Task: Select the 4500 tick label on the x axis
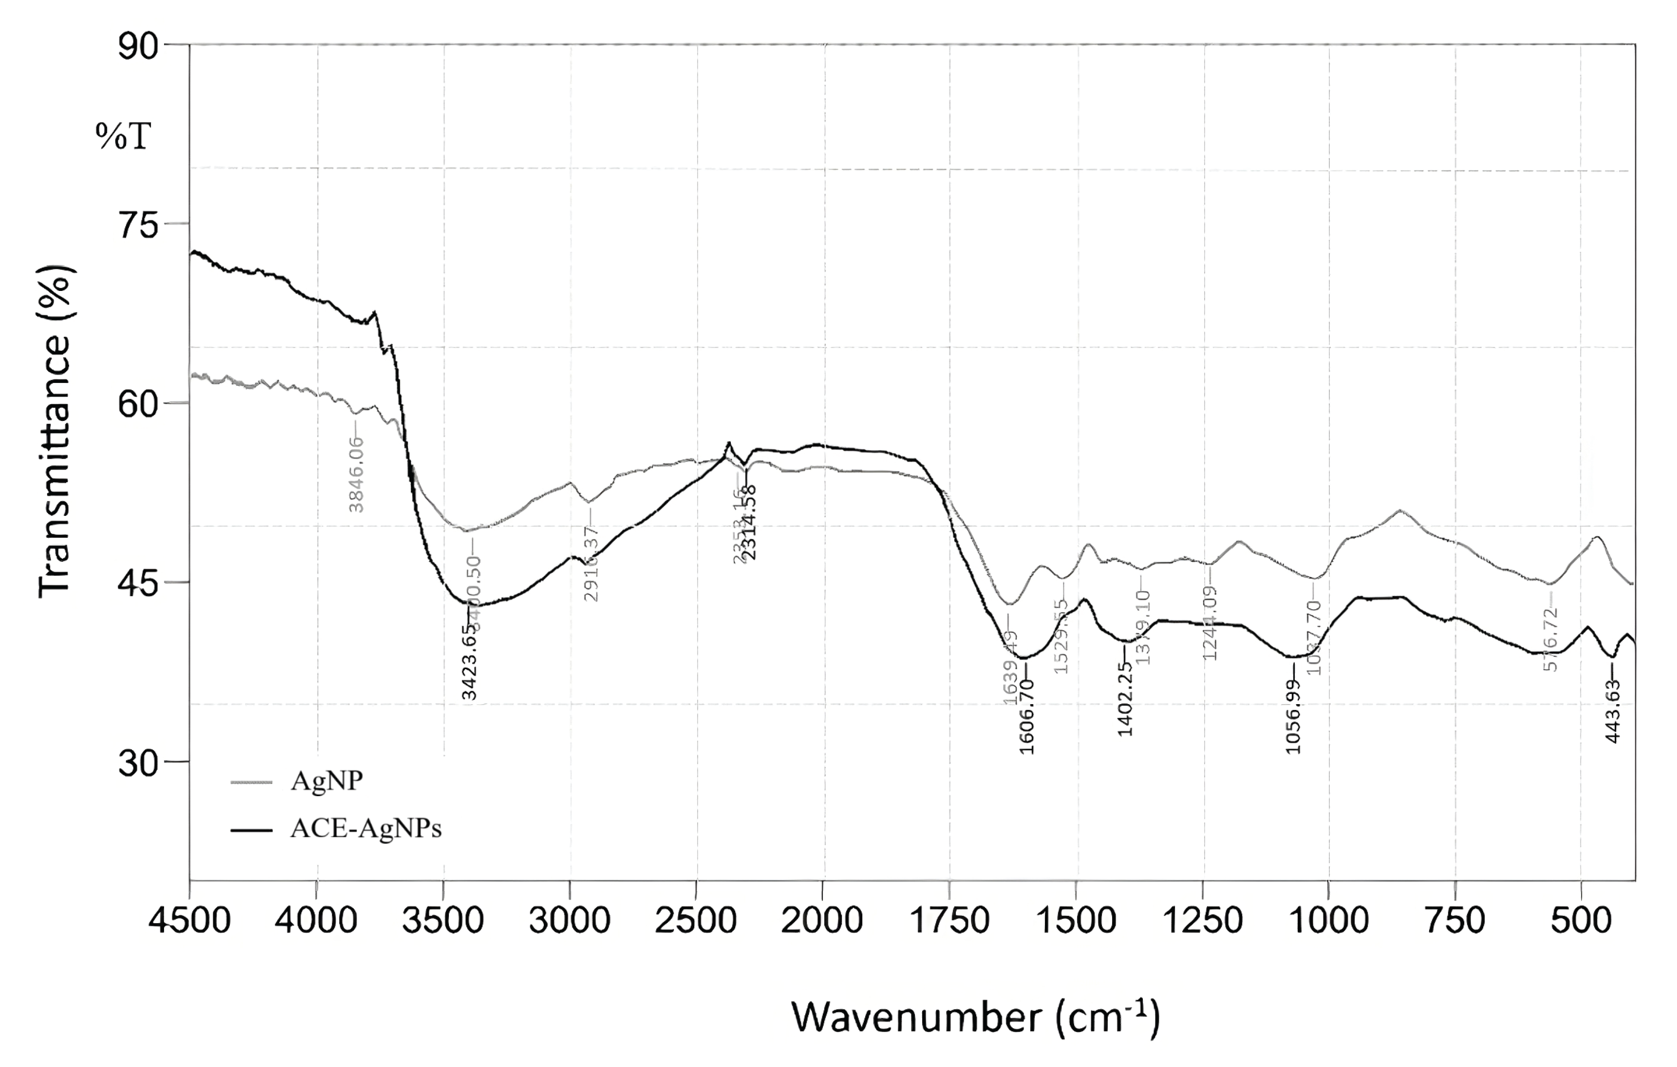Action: [x=190, y=921]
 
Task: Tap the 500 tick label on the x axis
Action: [x=1581, y=921]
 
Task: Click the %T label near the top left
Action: [x=123, y=137]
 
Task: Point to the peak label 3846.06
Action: [x=356, y=473]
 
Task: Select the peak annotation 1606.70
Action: [x=1027, y=717]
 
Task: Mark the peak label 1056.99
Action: [x=1293, y=717]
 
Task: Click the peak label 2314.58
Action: [x=750, y=522]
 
